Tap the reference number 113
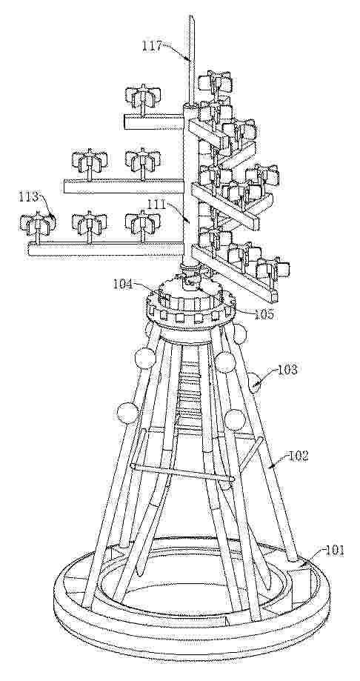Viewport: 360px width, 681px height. (29, 198)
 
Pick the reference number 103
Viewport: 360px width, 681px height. (288, 371)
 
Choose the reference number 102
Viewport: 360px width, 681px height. (298, 456)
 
